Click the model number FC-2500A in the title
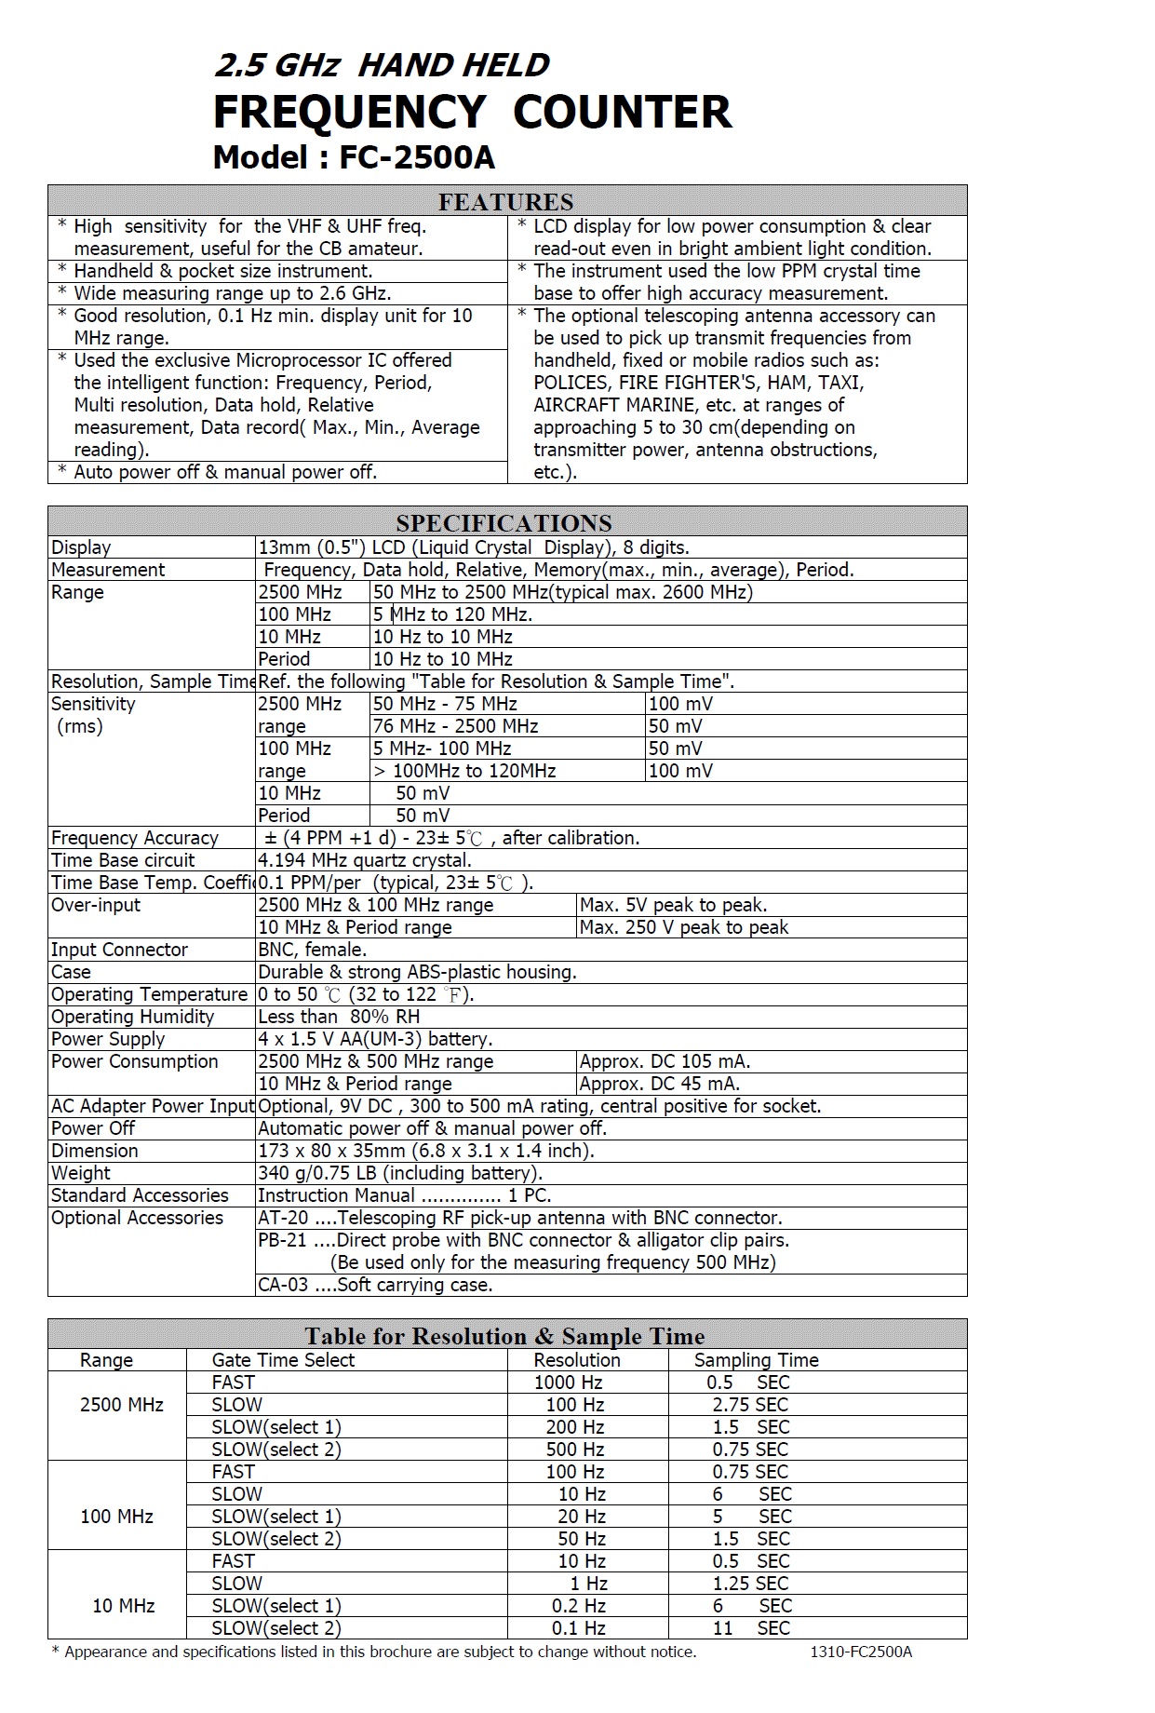pos(416,157)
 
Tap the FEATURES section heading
pos(505,201)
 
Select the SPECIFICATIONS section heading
pos(504,522)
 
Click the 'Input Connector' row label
pos(119,950)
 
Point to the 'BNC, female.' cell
pos(312,950)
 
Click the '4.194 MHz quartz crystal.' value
pos(365,860)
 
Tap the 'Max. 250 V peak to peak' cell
pos(683,927)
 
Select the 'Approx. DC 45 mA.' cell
pos(659,1084)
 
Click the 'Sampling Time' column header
pos(756,1360)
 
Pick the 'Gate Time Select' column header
pos(283,1360)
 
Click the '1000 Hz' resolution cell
pos(568,1383)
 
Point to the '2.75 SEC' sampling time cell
pos(750,1405)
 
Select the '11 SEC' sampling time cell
pos(751,1628)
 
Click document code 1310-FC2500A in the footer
pos(861,1652)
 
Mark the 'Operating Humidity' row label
pos(132,1017)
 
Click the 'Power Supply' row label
pos(108,1039)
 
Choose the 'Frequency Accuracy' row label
pos(134,838)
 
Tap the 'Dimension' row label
pos(94,1151)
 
